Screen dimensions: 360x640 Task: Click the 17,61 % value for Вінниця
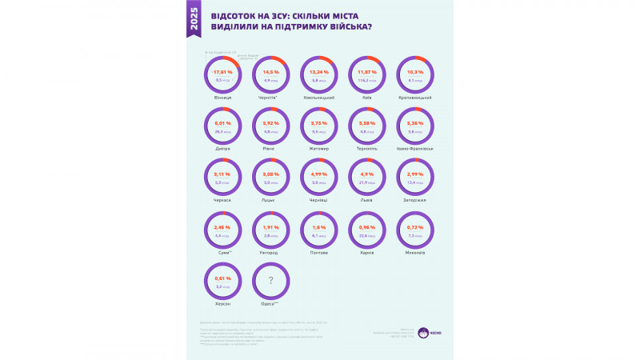click(x=223, y=72)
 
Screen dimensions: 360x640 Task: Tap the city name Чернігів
click(x=272, y=98)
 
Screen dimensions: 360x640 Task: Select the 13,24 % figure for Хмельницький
click(x=319, y=72)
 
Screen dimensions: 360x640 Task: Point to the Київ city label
click(x=367, y=98)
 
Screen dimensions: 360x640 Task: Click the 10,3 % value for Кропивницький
click(x=415, y=72)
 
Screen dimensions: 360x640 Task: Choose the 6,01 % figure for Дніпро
click(x=223, y=123)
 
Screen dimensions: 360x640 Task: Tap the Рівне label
click(x=271, y=149)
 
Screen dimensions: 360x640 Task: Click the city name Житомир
click(x=319, y=149)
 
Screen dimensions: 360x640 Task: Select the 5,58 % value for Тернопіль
click(x=367, y=123)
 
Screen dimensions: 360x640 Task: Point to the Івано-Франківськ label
click(x=415, y=149)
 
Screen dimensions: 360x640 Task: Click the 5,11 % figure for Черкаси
click(x=223, y=174)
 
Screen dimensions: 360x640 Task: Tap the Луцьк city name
click(x=271, y=200)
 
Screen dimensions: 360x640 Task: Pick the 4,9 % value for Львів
click(x=367, y=174)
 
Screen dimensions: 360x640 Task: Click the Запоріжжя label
click(x=415, y=200)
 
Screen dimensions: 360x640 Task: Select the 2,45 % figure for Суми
click(x=223, y=226)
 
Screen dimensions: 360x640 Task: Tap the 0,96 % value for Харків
click(x=367, y=226)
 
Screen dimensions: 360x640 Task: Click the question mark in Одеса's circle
click(x=271, y=280)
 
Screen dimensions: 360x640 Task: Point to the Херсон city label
click(x=223, y=304)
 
